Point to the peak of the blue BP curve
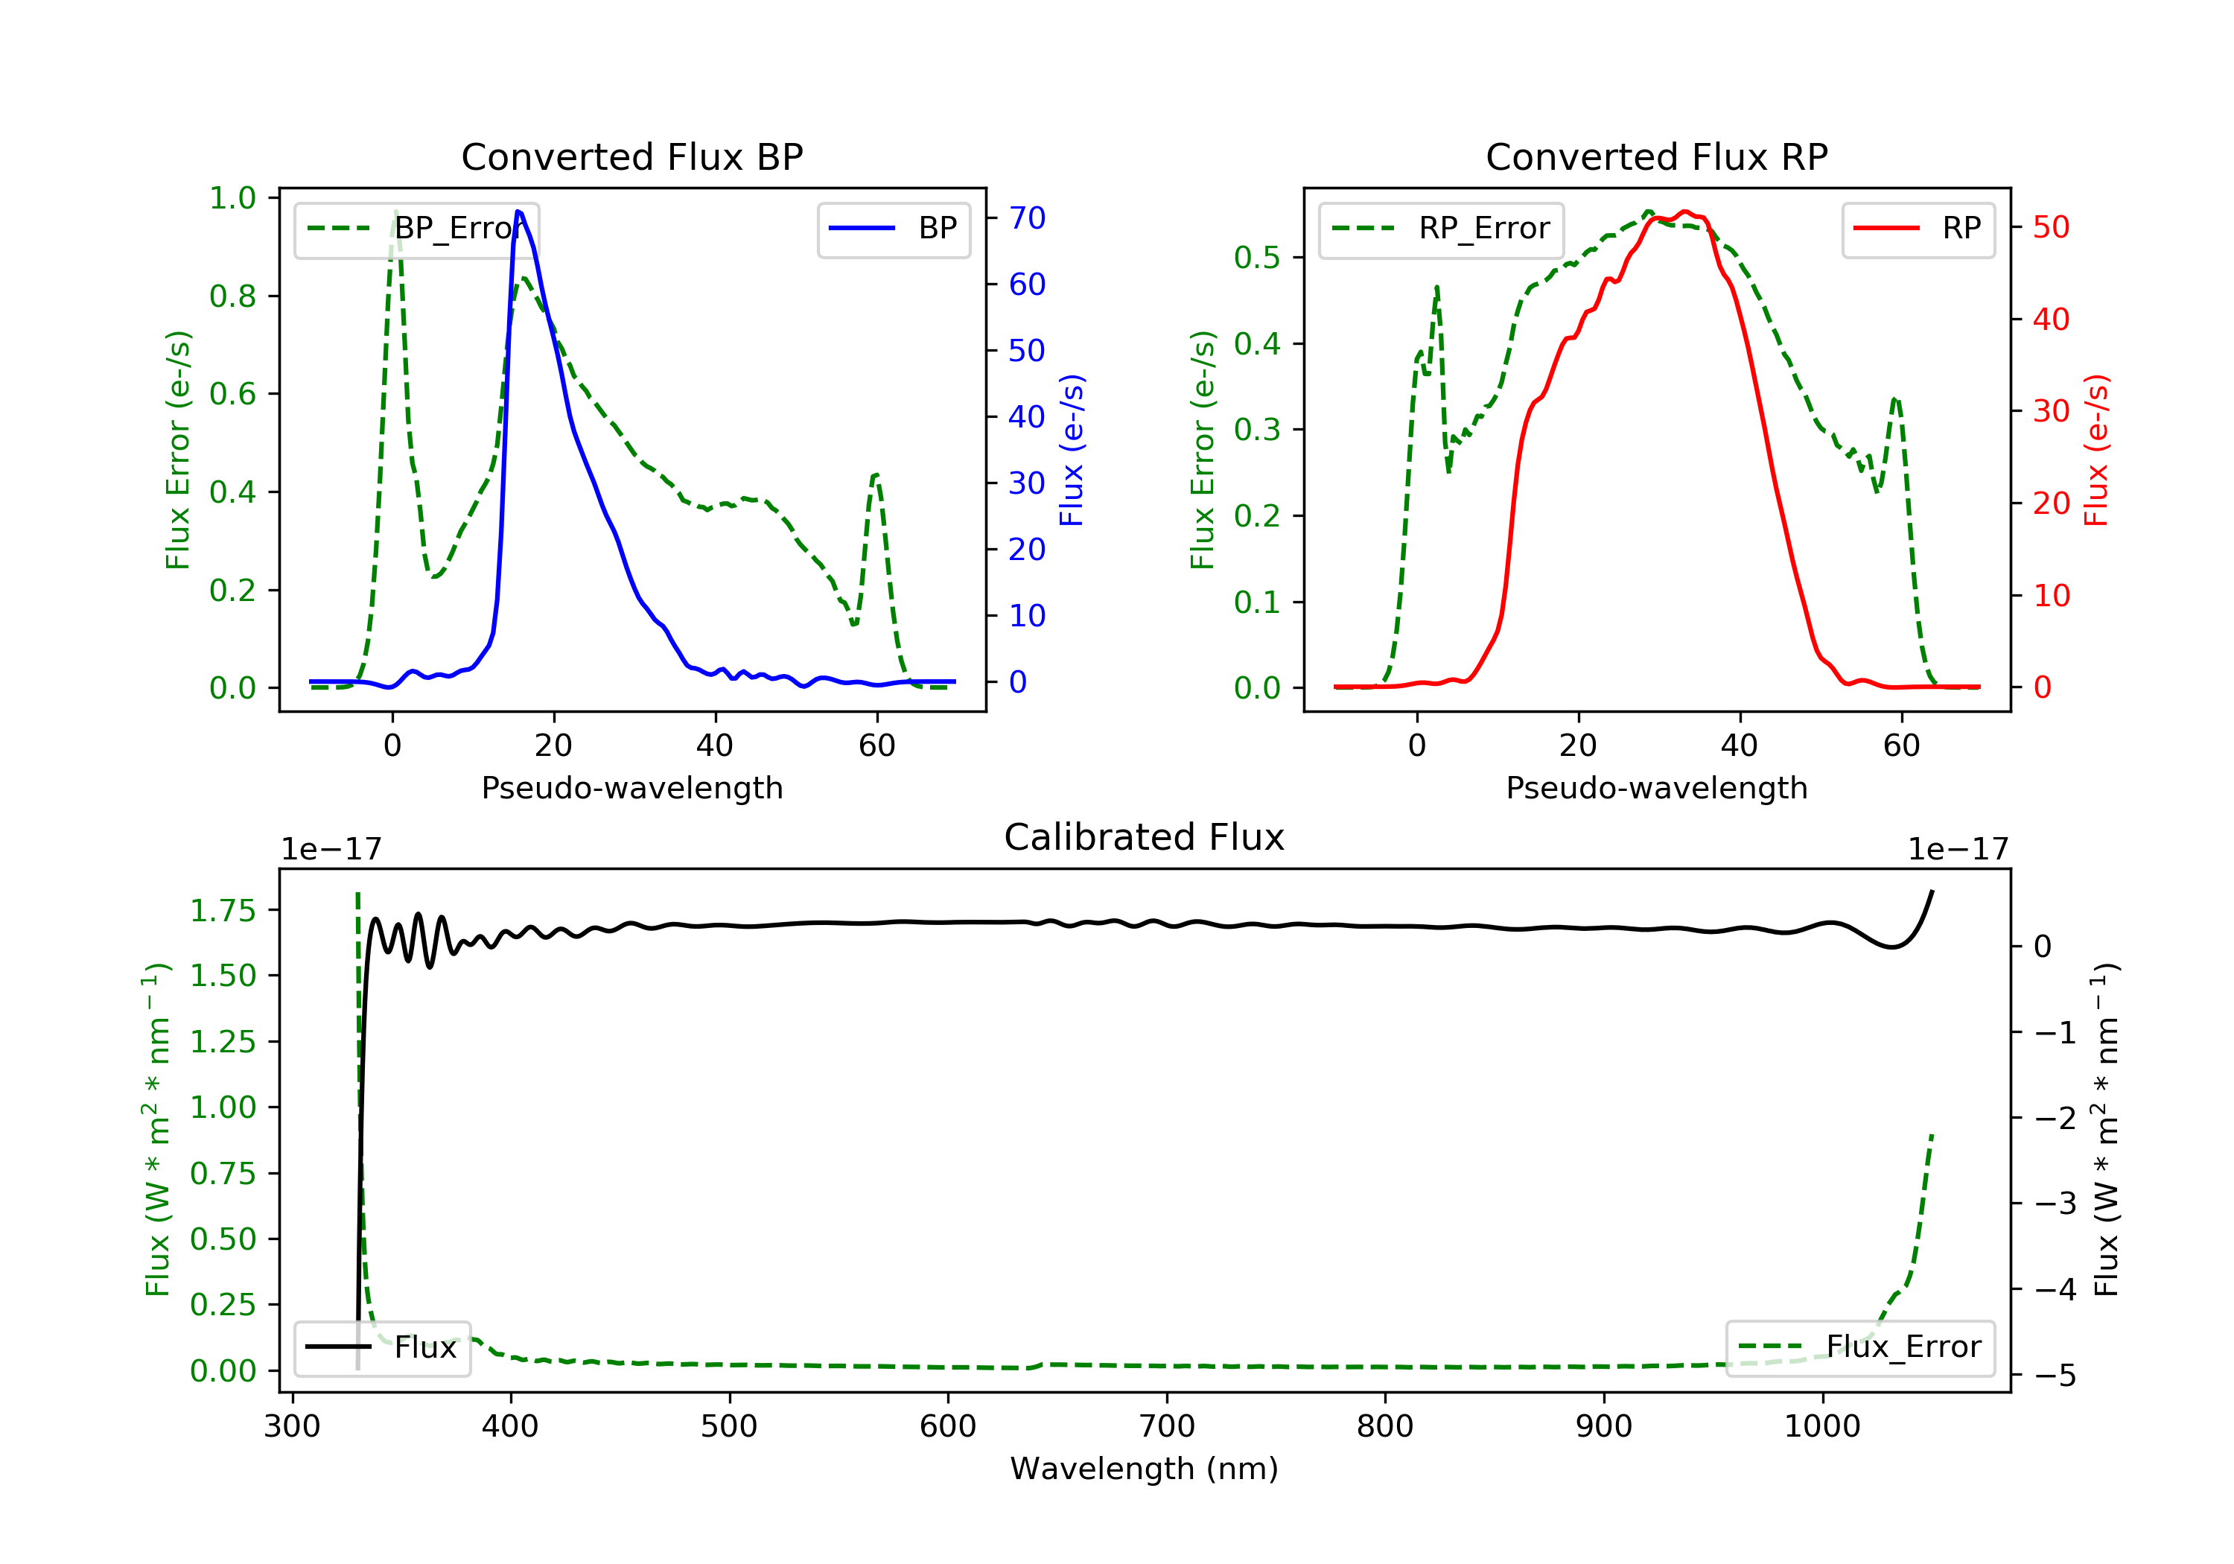tap(518, 212)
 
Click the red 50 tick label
tap(2051, 228)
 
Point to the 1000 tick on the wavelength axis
tap(1821, 1427)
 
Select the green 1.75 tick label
tap(223, 911)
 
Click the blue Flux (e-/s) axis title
tap(1072, 450)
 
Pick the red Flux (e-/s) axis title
tap(2095, 450)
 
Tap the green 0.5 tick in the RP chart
tap(1256, 258)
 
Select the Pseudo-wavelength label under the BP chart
tap(631, 788)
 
